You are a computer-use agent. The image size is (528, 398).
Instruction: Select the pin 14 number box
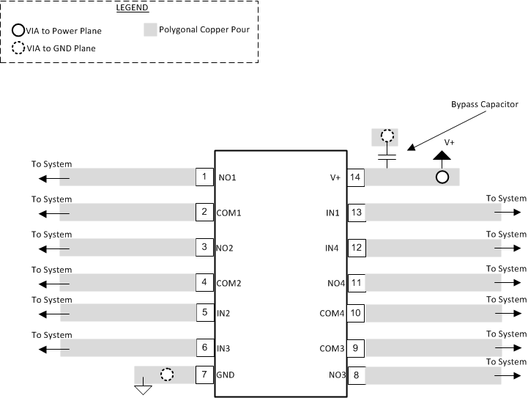pos(356,177)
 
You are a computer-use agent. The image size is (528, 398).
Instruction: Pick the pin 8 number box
pos(356,376)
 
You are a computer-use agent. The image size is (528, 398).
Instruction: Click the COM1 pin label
pos(228,213)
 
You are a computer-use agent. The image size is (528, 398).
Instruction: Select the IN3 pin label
pos(224,347)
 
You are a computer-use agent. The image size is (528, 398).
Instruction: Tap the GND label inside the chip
pos(226,375)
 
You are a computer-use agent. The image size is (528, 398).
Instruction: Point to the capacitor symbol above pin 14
pos(387,156)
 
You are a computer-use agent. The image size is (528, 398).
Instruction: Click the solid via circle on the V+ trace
pos(442,177)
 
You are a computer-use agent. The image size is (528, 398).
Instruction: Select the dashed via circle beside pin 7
pos(167,375)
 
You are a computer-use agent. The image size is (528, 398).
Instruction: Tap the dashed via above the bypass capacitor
pos(387,136)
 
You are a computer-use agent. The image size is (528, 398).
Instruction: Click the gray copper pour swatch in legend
pos(149,31)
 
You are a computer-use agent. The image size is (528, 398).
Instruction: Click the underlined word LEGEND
pos(133,9)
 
